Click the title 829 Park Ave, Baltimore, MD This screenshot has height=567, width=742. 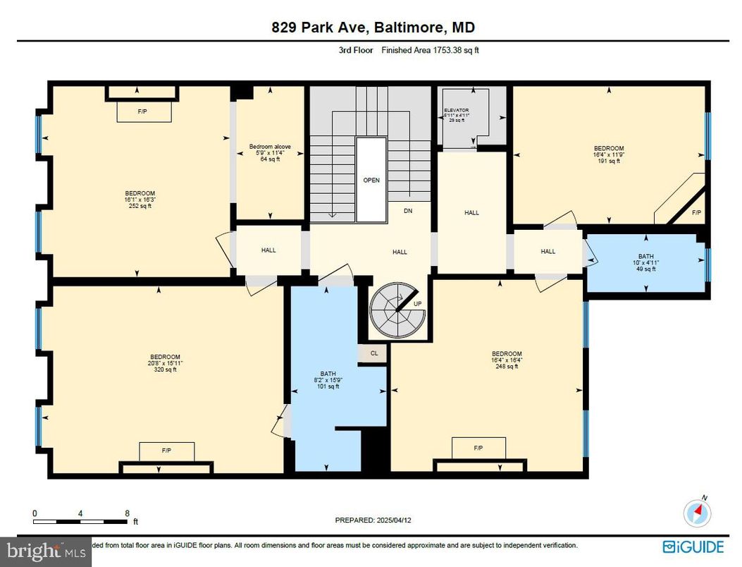[x=373, y=28]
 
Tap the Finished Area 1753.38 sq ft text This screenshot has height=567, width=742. [x=431, y=50]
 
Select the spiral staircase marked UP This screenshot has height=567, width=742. [x=399, y=311]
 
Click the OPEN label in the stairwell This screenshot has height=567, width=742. [x=371, y=180]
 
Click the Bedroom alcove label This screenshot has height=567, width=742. [x=270, y=152]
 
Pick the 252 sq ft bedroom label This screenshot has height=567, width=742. [x=140, y=200]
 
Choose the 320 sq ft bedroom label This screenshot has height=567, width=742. [x=165, y=362]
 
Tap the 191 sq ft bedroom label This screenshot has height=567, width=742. [x=608, y=154]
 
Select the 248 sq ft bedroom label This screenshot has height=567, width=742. [x=507, y=360]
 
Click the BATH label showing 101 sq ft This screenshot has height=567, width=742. [x=328, y=380]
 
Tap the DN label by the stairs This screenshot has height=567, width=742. [x=408, y=211]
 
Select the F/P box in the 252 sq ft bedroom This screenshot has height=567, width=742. [x=142, y=111]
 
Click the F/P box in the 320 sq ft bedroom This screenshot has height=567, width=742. [x=166, y=450]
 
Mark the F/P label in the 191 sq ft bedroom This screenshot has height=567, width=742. [x=696, y=212]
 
